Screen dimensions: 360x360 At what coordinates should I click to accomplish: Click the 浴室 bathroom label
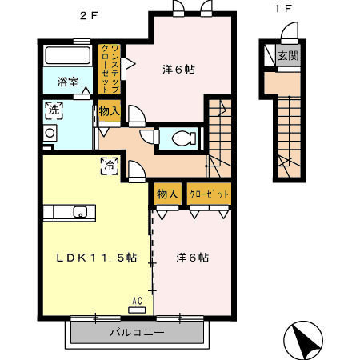[x=67, y=82]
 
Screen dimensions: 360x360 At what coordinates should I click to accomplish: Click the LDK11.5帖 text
[x=97, y=258]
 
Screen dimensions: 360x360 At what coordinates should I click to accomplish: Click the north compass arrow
[x=304, y=342]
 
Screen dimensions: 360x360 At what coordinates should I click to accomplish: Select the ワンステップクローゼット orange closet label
[x=114, y=70]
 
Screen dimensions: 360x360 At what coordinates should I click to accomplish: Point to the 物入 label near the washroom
[x=109, y=111]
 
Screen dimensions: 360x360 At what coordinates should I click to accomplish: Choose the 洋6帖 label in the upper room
[x=179, y=70]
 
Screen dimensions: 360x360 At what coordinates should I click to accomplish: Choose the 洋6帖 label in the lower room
[x=193, y=258]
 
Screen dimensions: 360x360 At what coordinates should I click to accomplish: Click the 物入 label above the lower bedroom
[x=167, y=194]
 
